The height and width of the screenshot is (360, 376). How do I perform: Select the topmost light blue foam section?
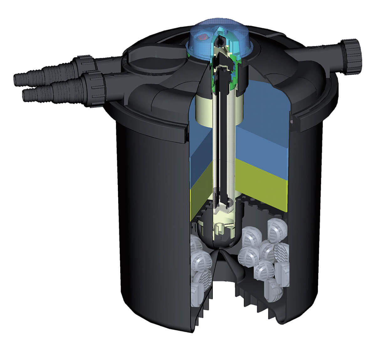(x=266, y=100)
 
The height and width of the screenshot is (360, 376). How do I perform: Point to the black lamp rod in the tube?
(x=223, y=141)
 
